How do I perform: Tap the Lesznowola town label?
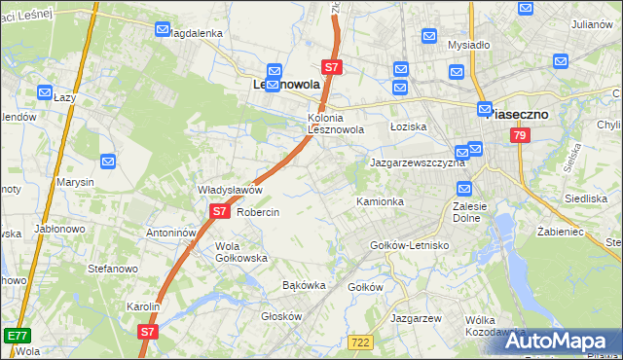280,86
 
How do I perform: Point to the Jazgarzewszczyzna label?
417,162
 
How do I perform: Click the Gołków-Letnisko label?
410,245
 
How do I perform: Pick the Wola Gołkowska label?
240,252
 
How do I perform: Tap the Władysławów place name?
231,190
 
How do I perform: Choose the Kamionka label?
380,201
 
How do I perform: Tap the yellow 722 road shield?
360,341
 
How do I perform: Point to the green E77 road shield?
17,335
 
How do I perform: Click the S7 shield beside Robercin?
220,210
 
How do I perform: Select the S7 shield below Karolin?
147,332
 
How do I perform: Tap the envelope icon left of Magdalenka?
163,30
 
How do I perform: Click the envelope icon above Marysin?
108,161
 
